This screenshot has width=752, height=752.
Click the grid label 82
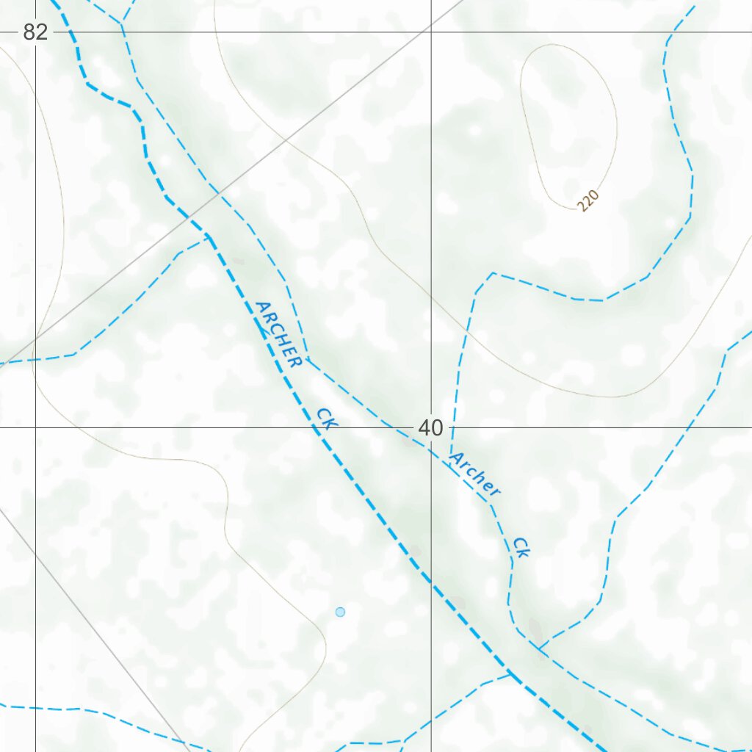coord(35,32)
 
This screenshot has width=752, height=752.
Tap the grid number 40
coord(430,427)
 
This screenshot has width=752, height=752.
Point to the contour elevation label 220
coord(589,200)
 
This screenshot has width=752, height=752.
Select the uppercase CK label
coord(326,418)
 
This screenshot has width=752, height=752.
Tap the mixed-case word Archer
coord(474,474)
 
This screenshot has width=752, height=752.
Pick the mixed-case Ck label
coord(521,546)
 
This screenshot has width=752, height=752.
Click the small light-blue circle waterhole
coord(340,612)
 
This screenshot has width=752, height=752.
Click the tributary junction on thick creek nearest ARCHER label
coord(208,236)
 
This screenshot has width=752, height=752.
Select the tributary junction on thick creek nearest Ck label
coord(510,671)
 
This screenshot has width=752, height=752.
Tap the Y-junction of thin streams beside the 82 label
coord(121,23)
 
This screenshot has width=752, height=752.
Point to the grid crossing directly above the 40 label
coord(430,32)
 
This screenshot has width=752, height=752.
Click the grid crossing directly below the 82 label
coord(35,427)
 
